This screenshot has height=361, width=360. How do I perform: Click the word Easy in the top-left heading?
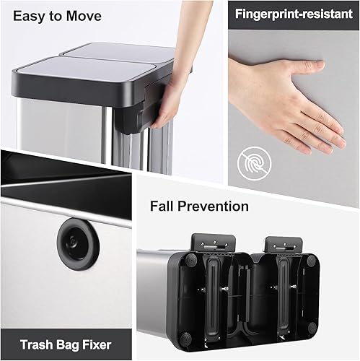coord(27,15)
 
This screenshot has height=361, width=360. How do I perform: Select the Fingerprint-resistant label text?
coord(297,14)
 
